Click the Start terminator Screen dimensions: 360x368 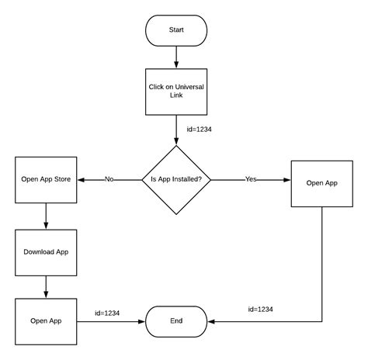click(176, 29)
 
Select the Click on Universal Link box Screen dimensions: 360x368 click(176, 92)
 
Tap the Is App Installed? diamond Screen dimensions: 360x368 click(176, 179)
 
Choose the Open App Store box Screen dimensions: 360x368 click(46, 179)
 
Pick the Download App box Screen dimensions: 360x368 click(46, 252)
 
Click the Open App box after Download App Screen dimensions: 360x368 click(46, 320)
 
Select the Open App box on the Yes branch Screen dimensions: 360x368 click(321, 183)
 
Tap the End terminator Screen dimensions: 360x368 click(176, 320)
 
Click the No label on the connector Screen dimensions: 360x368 click(109, 179)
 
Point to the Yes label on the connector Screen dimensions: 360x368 click(251, 179)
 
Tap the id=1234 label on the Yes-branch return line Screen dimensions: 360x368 click(261, 309)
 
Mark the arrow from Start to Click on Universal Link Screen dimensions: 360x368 click(176, 56)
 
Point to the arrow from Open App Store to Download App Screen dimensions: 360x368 click(46, 216)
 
